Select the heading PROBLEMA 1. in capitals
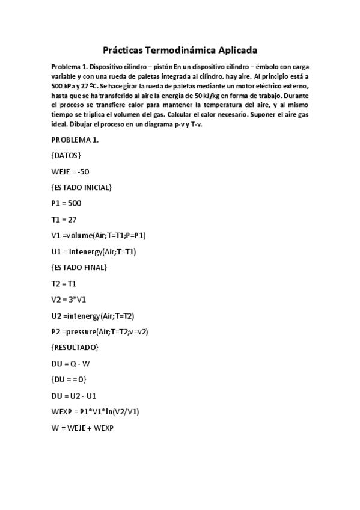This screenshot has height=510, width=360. tap(75, 140)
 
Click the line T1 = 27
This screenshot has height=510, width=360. tap(64, 220)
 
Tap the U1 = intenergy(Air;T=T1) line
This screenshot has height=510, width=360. tap(93, 251)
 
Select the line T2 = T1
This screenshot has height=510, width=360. tap(64, 283)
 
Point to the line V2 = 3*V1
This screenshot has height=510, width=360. tap(69, 299)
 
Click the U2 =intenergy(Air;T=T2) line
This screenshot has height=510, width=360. tap(93, 315)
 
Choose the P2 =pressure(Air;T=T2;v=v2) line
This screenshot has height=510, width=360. tap(100, 331)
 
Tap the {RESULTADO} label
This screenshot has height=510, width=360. tap(75, 347)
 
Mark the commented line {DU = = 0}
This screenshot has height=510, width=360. tap(69, 379)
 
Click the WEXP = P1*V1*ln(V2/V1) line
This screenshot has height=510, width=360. tap(96, 411)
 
